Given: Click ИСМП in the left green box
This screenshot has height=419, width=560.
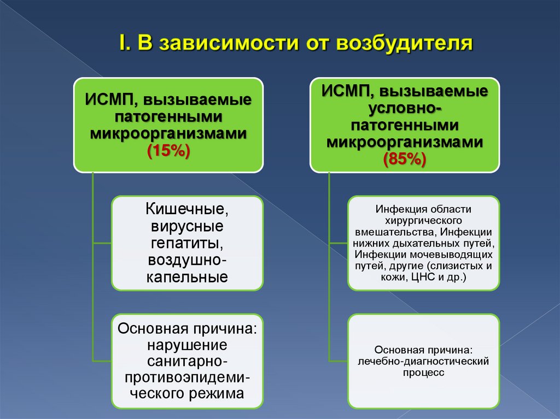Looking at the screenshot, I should [108, 101].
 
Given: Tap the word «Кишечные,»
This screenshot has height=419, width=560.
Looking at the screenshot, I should [187, 209].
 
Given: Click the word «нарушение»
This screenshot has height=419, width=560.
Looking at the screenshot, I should [187, 345].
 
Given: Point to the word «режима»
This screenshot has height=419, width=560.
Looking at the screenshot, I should [219, 393].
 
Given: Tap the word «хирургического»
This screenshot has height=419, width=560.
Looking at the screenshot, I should [423, 220].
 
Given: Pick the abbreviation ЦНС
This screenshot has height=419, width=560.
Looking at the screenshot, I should [431, 278].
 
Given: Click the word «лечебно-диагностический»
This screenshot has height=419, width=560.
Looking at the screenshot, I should [423, 361].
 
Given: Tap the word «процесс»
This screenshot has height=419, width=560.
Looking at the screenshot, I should [423, 373].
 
